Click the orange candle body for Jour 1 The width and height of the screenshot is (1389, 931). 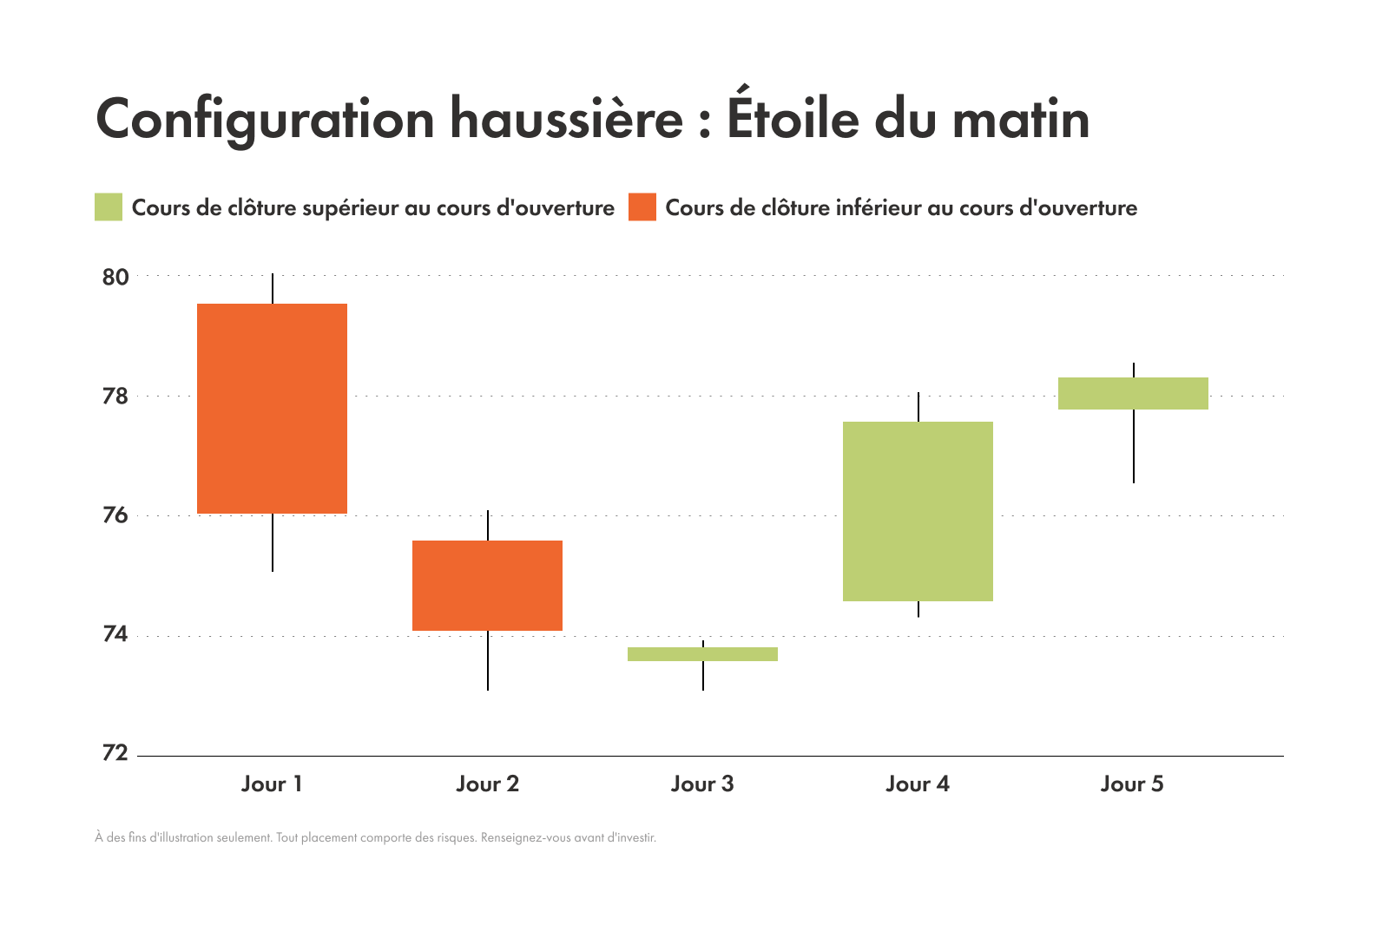(x=272, y=408)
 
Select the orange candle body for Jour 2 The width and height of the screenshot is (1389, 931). (x=487, y=586)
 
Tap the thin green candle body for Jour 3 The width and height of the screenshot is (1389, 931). (x=702, y=654)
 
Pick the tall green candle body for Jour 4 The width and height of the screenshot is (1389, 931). (x=918, y=511)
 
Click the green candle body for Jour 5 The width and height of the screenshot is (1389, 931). (x=1133, y=393)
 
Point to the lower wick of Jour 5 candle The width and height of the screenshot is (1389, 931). (x=1134, y=446)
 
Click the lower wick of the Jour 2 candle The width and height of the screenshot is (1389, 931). (x=488, y=660)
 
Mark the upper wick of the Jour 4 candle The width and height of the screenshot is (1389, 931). (x=918, y=407)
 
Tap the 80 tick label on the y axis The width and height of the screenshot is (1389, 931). (x=115, y=278)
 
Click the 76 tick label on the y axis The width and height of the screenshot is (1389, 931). (x=115, y=516)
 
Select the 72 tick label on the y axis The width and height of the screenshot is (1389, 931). (x=115, y=753)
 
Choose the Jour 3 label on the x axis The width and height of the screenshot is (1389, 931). (x=702, y=784)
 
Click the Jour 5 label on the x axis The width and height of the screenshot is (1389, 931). (x=1132, y=784)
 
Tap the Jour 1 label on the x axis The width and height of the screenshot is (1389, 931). (x=272, y=784)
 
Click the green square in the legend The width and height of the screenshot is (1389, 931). (x=109, y=207)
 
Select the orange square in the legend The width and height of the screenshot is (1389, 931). (x=642, y=207)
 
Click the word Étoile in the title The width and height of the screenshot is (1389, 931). (x=791, y=118)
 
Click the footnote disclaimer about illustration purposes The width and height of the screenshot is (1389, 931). (x=375, y=838)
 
